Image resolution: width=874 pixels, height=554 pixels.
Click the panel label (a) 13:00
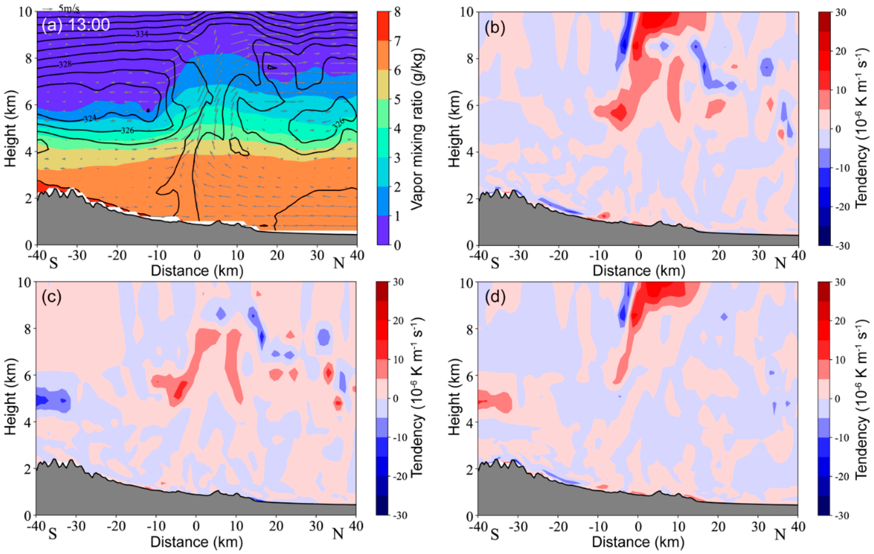click(x=76, y=25)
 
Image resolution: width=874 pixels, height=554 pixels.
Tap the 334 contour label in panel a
click(x=142, y=34)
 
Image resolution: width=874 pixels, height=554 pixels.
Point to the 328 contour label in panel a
click(x=65, y=64)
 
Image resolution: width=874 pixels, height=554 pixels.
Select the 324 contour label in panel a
click(x=90, y=119)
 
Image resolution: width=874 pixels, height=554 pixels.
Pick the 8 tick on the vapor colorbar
click(x=397, y=12)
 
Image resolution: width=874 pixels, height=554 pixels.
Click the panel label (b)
click(x=495, y=29)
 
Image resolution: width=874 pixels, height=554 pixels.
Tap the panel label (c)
click(x=52, y=297)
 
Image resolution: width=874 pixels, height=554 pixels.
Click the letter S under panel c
click(x=53, y=534)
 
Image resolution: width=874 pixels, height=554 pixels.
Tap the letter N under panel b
click(x=780, y=263)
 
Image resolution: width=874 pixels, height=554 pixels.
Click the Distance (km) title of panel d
click(x=638, y=542)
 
